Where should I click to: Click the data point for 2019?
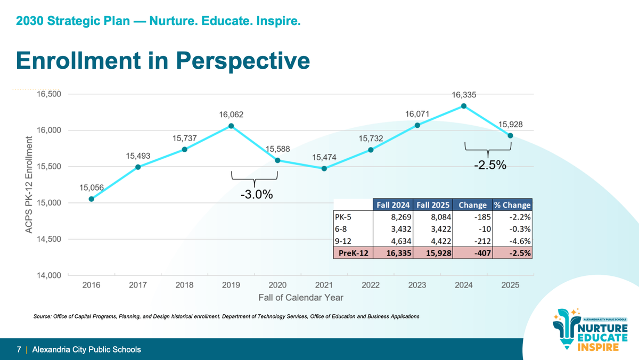(231, 126)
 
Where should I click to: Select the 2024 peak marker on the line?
(464, 106)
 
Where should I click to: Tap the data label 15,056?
(92, 187)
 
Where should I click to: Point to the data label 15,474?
(324, 157)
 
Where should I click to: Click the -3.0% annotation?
(256, 195)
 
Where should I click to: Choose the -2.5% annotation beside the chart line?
(489, 166)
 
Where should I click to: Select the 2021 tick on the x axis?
(324, 285)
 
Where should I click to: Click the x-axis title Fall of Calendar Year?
(301, 297)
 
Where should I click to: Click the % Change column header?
(512, 205)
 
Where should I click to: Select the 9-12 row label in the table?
(343, 241)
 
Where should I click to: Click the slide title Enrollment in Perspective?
(162, 60)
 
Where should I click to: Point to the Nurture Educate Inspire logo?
(591, 330)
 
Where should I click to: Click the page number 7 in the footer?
(19, 350)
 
